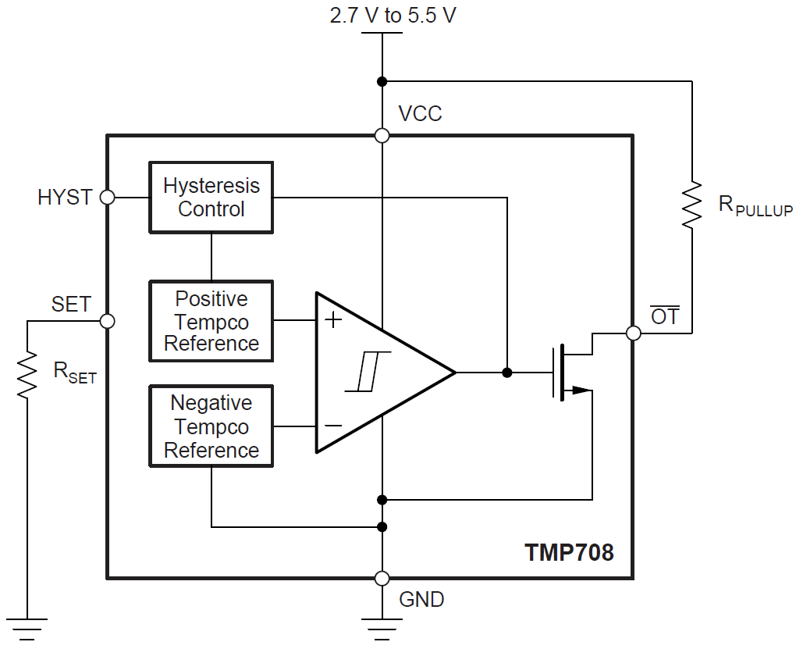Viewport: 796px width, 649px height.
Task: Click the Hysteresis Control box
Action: (211, 198)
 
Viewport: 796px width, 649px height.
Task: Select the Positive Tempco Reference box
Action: (211, 321)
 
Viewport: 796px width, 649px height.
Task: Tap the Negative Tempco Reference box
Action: (211, 427)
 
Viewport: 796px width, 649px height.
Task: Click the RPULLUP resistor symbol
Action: (691, 205)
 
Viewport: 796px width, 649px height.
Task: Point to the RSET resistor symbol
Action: (27, 374)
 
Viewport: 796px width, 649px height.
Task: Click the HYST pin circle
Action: (108, 198)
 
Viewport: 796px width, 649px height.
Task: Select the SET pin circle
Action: (108, 321)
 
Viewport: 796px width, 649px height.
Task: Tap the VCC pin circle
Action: (382, 136)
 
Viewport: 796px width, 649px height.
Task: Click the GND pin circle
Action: (382, 579)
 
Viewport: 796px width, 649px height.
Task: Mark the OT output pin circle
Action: (634, 333)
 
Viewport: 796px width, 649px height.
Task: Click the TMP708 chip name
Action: (569, 553)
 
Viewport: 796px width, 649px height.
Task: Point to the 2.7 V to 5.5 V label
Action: (393, 16)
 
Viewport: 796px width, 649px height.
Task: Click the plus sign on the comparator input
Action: (333, 319)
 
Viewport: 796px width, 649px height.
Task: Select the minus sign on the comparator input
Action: (333, 426)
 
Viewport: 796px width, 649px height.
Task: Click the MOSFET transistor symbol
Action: (570, 373)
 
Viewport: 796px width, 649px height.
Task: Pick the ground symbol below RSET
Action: (27, 627)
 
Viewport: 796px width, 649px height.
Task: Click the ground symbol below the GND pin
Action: (382, 627)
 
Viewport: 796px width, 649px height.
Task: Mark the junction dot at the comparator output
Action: (507, 373)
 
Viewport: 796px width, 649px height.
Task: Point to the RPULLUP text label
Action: (755, 207)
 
